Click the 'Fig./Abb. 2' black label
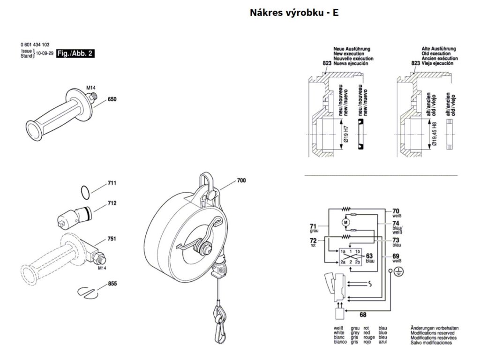pyautogui.click(x=75, y=53)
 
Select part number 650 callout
pyautogui.click(x=112, y=99)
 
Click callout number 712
pyautogui.click(x=112, y=203)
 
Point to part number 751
pyautogui.click(x=112, y=239)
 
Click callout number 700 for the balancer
pyautogui.click(x=241, y=180)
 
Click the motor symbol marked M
pyautogui.click(x=346, y=222)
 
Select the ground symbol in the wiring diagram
pyautogui.click(x=397, y=271)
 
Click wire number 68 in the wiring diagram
pyautogui.click(x=363, y=315)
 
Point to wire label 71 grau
pyautogui.click(x=314, y=228)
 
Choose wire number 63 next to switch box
pyautogui.click(x=370, y=258)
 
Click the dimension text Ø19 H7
pyautogui.click(x=346, y=134)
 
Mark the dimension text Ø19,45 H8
pyautogui.click(x=435, y=134)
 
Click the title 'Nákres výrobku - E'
pyautogui.click(x=294, y=13)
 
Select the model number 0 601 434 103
pyautogui.click(x=35, y=45)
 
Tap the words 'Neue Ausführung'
pyautogui.click(x=352, y=49)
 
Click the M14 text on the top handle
pyautogui.click(x=91, y=88)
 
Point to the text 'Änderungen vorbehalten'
pyautogui.click(x=435, y=328)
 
